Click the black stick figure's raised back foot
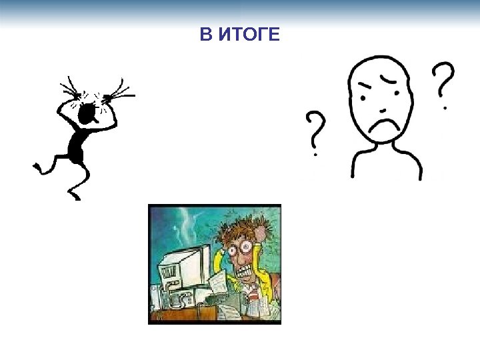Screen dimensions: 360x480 (37, 166)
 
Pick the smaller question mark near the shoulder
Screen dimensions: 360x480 (317, 132)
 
